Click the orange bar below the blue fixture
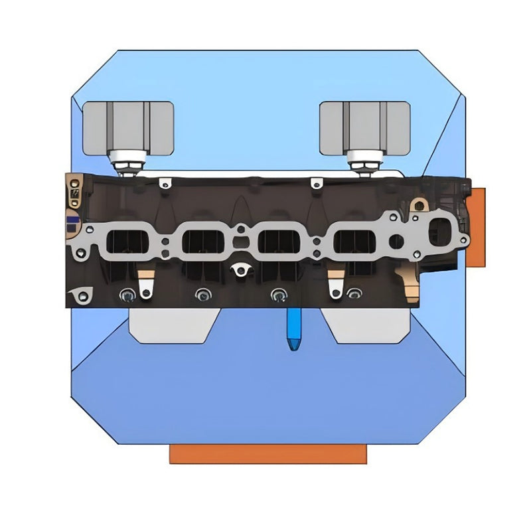click(267, 454)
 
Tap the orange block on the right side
click(476, 228)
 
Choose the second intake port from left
click(201, 242)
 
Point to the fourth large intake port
click(353, 242)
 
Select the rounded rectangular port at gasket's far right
click(440, 232)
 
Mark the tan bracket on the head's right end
click(410, 285)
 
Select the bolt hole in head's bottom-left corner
click(82, 295)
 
